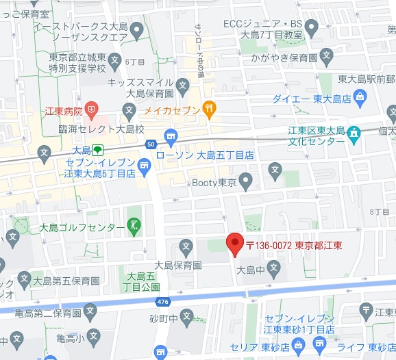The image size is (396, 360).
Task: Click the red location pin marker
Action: pos(235,244)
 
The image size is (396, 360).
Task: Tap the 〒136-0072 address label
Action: pos(294,246)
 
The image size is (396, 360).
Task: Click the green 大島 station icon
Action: pos(98,149)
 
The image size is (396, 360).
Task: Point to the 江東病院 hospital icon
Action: pos(92,109)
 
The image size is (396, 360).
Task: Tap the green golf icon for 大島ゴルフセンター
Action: pos(135,226)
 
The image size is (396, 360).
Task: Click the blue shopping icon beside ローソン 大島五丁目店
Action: pos(171,134)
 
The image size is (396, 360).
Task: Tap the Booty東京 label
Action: pos(212,183)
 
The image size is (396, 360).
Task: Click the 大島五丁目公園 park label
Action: pos(143,281)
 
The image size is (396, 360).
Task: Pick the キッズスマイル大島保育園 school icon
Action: pos(182,86)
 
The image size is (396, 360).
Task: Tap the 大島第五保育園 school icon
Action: pos(25,279)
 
